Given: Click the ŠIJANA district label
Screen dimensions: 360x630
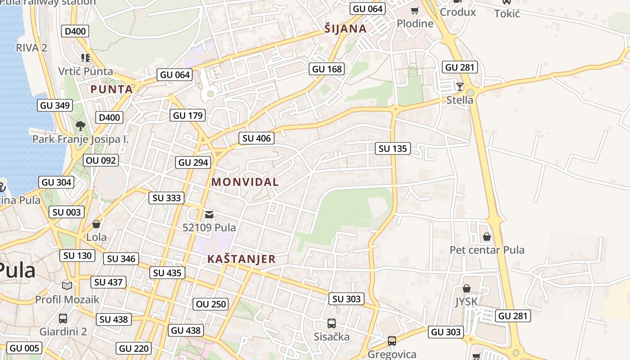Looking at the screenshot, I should tap(345, 29).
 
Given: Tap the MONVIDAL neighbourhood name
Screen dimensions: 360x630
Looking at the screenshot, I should tap(245, 182).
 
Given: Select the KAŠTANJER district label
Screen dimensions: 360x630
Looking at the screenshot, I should tap(241, 259).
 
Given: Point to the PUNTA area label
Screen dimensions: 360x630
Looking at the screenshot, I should tap(112, 89).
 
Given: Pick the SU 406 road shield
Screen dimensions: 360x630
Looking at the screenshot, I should tap(256, 138).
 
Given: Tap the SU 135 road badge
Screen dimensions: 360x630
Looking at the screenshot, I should tap(392, 148).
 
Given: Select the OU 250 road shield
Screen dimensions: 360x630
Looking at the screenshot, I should tap(211, 304).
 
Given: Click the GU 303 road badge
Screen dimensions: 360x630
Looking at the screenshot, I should tap(446, 332).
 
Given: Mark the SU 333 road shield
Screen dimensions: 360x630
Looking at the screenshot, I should tap(166, 198).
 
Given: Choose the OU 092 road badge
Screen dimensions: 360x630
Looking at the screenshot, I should tap(101, 160).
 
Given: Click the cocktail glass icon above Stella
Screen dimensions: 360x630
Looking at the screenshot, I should tap(459, 87).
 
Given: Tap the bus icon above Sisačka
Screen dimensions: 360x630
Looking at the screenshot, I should tap(332, 323).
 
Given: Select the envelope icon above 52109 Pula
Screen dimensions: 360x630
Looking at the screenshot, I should tap(209, 215).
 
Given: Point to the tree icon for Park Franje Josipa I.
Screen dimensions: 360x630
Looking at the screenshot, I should tap(81, 126).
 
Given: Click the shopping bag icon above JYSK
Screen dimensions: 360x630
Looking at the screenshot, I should tap(467, 288).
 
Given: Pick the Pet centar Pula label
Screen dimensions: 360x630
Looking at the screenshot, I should tap(487, 250).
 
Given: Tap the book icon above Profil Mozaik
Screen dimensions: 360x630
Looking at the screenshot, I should tap(67, 286).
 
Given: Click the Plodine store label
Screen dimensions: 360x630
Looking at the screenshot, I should tap(415, 23).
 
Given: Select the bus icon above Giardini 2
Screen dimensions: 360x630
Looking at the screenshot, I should tap(63, 319).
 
